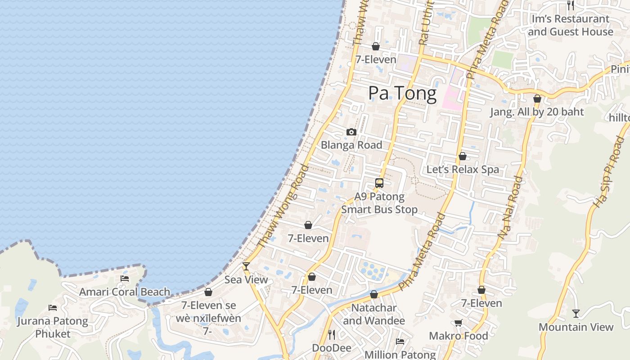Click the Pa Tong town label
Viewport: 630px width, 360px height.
[402, 94]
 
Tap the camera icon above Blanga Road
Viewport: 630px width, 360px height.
[351, 132]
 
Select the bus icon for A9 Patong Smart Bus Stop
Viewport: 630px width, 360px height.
[379, 183]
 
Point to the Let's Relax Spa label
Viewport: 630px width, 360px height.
[463, 170]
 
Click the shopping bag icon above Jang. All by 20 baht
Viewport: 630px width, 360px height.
[537, 99]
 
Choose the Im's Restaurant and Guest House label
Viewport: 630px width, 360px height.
[570, 25]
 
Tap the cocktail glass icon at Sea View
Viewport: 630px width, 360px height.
[246, 266]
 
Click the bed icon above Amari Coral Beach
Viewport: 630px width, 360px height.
[125, 279]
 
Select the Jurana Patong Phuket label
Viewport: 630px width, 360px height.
[53, 327]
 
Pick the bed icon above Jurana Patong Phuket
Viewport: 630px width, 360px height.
[53, 308]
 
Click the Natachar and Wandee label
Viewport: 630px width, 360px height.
[374, 314]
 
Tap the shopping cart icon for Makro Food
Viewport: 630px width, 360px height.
[458, 323]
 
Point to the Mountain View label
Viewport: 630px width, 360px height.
[576, 327]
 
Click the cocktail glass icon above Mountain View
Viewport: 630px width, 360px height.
[576, 313]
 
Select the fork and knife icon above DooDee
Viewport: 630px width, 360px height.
[332, 334]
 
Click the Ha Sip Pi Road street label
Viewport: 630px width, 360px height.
[607, 172]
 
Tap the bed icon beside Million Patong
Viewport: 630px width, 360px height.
[400, 342]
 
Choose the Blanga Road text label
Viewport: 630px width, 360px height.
[351, 145]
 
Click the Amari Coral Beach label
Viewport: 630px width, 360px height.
[125, 292]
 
